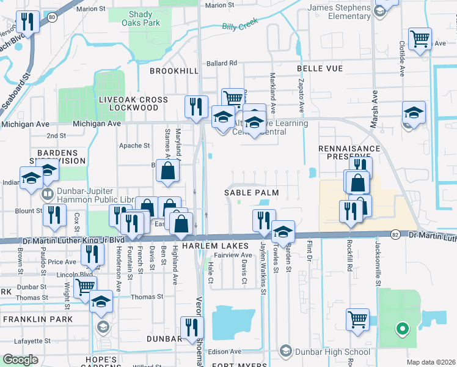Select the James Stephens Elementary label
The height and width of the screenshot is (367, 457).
(x=339, y=12)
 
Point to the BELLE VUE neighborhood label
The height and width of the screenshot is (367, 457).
(x=320, y=69)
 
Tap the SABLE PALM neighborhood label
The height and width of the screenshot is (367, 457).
(x=250, y=193)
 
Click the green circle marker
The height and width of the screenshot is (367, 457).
(x=402, y=330)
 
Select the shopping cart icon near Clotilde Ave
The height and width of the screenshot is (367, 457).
(x=420, y=38)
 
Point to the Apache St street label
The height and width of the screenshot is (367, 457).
(x=134, y=146)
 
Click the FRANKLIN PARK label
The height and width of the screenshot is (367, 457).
(x=38, y=319)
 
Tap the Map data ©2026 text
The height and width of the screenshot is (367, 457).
(x=430, y=362)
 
